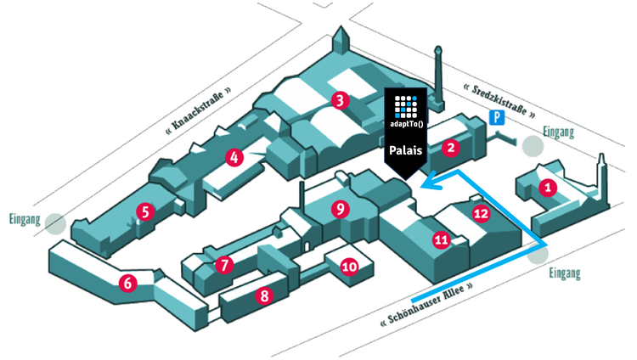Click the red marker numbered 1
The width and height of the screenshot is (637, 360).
(x=548, y=188)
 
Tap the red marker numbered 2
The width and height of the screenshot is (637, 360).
(x=450, y=148)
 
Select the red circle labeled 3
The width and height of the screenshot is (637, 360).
(x=340, y=101)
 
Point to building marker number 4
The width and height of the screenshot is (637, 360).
(x=234, y=157)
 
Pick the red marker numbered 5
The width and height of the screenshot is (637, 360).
(x=146, y=211)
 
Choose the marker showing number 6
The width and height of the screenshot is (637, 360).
(x=127, y=284)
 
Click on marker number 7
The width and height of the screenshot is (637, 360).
(x=224, y=265)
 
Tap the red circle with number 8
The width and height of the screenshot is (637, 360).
(x=264, y=296)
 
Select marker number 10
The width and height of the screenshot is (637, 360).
(x=348, y=267)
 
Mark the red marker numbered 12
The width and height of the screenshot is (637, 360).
(x=481, y=212)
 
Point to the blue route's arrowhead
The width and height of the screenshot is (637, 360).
(x=429, y=180)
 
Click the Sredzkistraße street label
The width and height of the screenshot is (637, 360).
(x=493, y=100)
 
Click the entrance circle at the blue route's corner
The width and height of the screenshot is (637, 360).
(x=538, y=250)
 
